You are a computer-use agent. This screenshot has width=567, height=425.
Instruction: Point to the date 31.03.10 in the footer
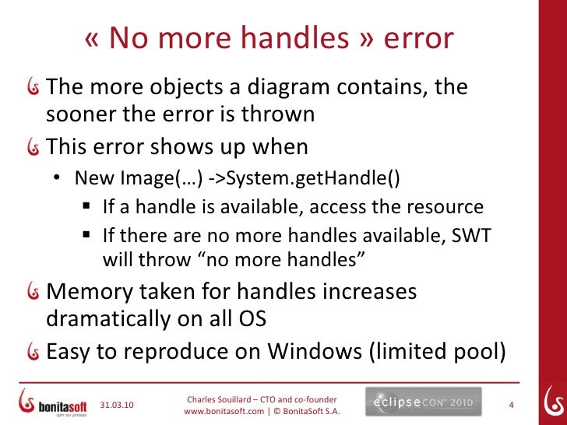pos(118,405)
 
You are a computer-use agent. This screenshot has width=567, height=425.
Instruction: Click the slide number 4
pos(511,405)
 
